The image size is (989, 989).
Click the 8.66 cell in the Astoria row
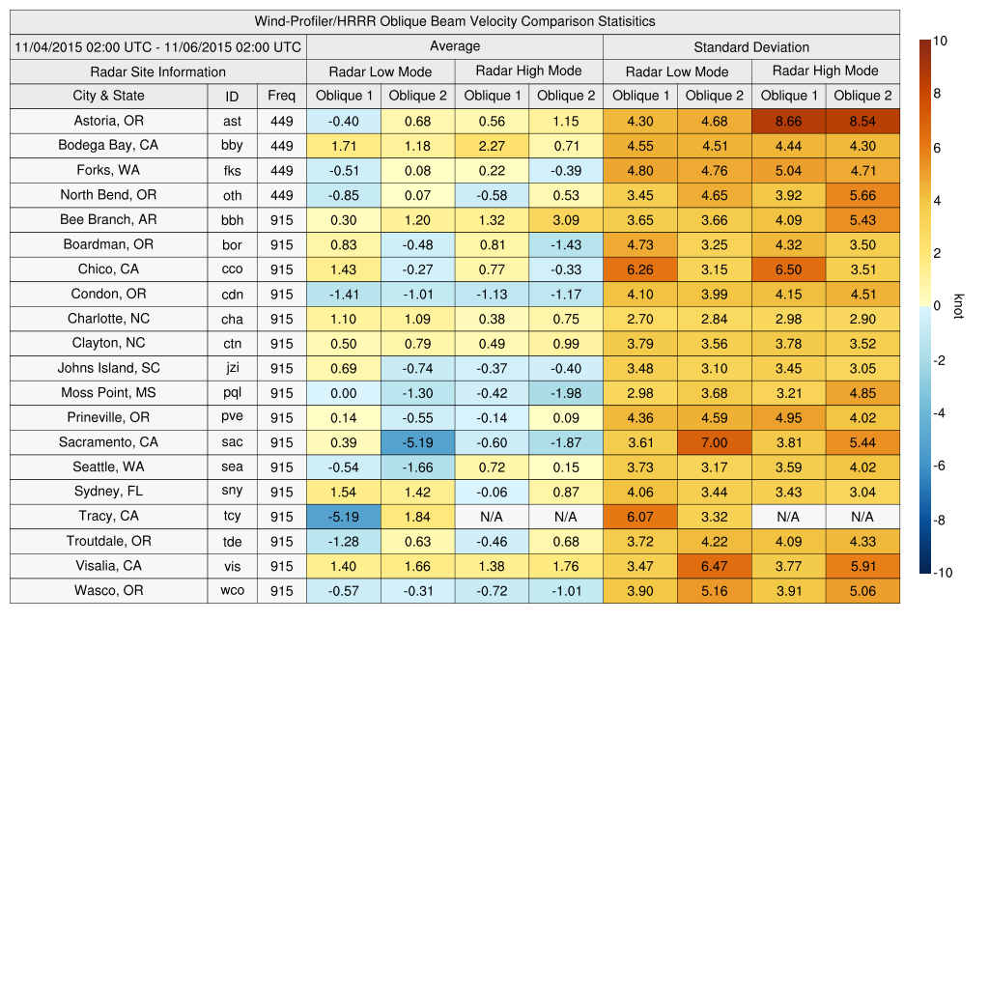[x=789, y=121]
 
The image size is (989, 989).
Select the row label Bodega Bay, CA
[x=108, y=146]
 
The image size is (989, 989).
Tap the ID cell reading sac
[x=232, y=442]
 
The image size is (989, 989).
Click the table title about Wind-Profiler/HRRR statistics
[x=455, y=21]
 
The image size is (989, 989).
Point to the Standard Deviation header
[x=751, y=46]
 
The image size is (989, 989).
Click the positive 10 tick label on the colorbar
[x=940, y=41]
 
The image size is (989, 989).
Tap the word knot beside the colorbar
[x=959, y=305]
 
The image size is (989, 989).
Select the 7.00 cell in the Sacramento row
[x=715, y=442]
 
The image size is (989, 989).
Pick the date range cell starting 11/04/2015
[x=157, y=46]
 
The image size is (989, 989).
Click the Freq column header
[x=281, y=96]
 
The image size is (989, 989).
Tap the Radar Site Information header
[x=157, y=71]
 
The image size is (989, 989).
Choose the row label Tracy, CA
[x=108, y=517]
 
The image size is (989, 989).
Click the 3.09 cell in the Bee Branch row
[x=566, y=220]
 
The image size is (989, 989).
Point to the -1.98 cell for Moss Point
[x=566, y=393]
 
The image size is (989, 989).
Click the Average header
[x=455, y=46]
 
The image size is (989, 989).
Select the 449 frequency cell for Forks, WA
[x=281, y=171]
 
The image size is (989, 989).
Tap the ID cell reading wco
[x=232, y=590]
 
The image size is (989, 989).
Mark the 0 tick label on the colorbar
[x=936, y=305]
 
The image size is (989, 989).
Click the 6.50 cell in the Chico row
[x=789, y=269]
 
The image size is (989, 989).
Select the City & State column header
[x=108, y=96]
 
